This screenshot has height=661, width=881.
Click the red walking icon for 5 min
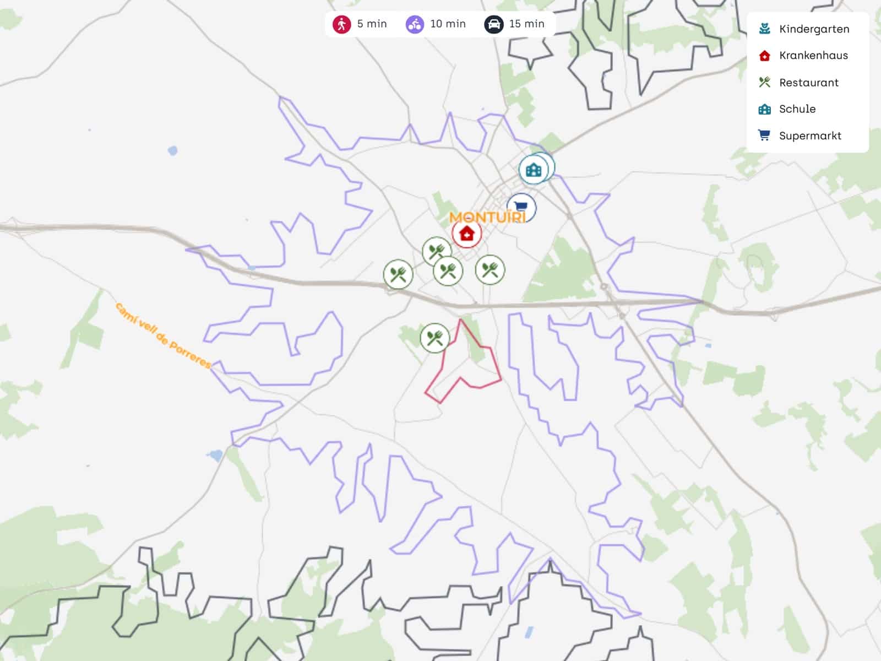pos(341,24)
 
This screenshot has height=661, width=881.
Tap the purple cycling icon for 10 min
pos(415,24)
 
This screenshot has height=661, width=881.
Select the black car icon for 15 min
pos(493,24)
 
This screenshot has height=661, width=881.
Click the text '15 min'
pos(526,24)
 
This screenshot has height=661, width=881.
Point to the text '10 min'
pos(448,24)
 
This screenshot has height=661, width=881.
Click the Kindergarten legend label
pos(814,29)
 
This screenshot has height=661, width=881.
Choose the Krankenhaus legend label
pos(813,56)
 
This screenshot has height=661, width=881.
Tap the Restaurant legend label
pos(808,83)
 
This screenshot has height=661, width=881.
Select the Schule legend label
pos(797,109)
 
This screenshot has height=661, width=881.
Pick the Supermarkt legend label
pos(810,136)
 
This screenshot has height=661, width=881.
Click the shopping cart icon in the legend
pos(764,136)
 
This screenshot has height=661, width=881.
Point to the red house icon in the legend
pos(764,56)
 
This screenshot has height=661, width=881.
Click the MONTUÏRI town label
pos(487,217)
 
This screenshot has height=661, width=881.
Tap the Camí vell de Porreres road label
pos(163,335)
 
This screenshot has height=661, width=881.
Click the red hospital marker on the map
pos(466,234)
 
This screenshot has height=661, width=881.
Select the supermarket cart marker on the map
pos(521,208)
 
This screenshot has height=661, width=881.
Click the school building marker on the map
pos(534,169)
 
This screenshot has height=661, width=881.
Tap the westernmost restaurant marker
pos(398,274)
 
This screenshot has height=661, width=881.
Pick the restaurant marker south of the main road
pos(434,337)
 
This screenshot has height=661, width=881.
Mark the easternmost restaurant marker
pos(490,270)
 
